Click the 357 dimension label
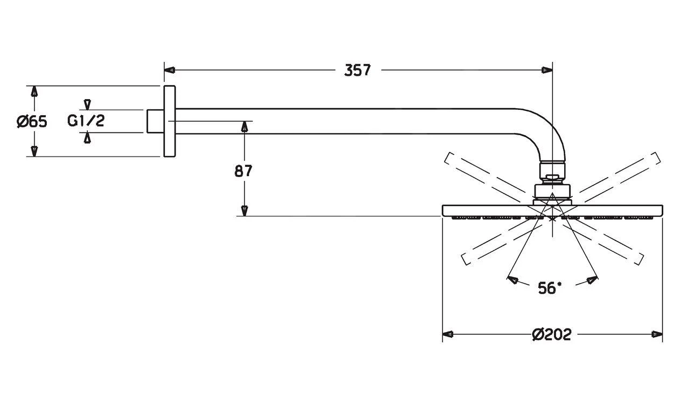coord(358,70)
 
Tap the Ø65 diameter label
coord(32,122)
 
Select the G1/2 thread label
coord(86,121)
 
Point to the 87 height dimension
coord(244,171)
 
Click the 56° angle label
coord(549,289)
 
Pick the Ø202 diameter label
coord(551,335)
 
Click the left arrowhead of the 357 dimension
coord(169,70)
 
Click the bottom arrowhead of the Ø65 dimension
coord(34,152)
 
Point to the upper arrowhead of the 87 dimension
coord(244,126)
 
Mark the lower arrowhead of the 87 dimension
coord(244,211)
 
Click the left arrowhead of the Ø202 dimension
coord(447,334)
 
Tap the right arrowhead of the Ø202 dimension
coord(657,334)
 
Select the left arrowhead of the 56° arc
coord(512,280)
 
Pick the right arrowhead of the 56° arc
coord(592,280)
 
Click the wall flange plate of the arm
coord(169,121)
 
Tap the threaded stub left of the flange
coord(155,121)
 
